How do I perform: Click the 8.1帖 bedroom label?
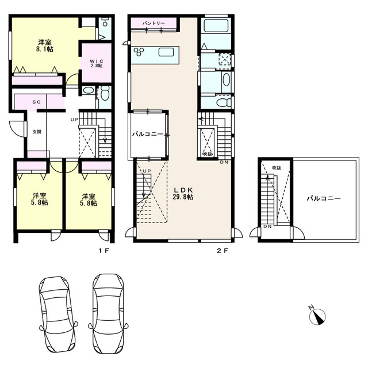43,45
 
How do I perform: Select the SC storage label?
36,102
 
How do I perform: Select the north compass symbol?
319,315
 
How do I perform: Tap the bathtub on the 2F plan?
216,26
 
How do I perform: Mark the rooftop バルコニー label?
323,198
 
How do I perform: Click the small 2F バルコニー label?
146,134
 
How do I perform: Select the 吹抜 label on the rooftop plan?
277,167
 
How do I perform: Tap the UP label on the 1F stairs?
73,119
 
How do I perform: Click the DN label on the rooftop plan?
267,227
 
